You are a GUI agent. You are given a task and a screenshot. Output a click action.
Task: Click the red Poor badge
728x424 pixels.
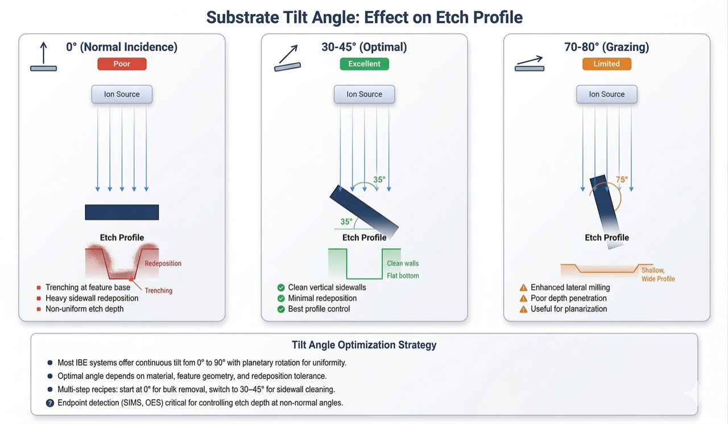pos(122,64)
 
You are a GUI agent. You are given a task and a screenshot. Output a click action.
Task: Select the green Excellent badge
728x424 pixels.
pos(364,64)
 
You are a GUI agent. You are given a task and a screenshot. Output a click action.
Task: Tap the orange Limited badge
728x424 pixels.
pos(606,64)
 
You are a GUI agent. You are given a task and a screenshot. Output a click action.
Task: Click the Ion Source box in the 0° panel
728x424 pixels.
pos(122,94)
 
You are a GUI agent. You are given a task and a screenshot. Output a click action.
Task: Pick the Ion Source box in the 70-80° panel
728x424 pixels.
pos(606,94)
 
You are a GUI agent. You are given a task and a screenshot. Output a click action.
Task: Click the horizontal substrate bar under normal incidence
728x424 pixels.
pos(122,212)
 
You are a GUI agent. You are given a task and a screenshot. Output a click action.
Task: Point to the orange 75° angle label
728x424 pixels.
pos(622,180)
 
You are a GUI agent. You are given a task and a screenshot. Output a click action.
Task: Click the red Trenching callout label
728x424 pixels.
pos(158,290)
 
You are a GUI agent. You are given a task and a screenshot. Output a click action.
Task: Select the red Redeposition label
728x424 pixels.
pos(163,263)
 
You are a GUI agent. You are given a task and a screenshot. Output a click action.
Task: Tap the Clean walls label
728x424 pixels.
pos(403,263)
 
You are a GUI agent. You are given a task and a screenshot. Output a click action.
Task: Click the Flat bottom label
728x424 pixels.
pos(403,276)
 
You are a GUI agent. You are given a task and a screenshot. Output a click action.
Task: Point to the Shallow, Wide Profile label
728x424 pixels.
pos(657,275)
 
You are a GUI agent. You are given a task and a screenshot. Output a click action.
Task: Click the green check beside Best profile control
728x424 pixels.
pos(281,309)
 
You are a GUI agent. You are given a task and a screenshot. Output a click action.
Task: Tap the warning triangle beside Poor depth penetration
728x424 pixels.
pos(523,298)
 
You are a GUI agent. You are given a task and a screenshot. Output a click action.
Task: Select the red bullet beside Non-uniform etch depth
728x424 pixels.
pos(39,309)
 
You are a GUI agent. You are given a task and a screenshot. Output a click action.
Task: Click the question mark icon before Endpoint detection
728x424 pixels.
pos(50,403)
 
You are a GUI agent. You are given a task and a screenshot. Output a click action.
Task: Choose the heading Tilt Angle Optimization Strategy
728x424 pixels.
pos(364,345)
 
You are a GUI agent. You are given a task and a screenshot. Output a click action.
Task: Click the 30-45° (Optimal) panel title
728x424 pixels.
pos(364,47)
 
